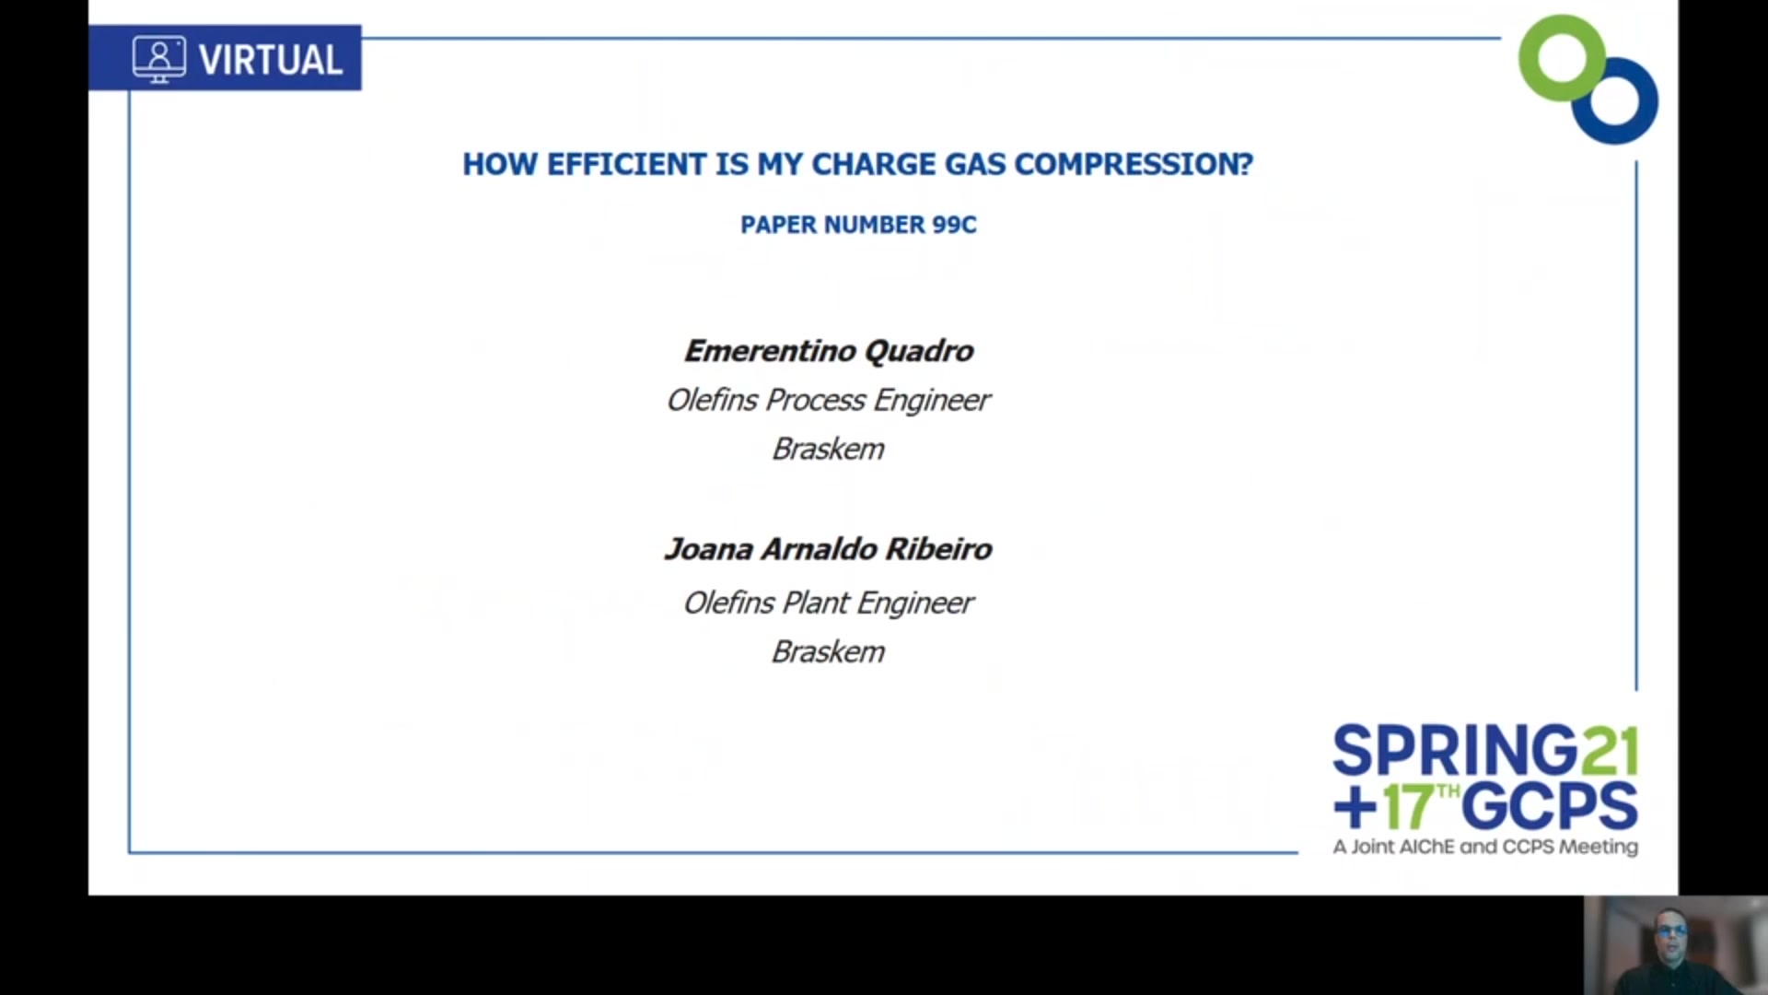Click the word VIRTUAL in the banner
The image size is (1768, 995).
(x=271, y=60)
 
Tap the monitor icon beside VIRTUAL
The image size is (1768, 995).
(x=159, y=59)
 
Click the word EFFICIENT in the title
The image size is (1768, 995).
(x=626, y=164)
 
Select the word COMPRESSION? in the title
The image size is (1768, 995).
(x=1134, y=164)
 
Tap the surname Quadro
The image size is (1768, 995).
(x=919, y=351)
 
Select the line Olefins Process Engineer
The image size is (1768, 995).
(x=828, y=401)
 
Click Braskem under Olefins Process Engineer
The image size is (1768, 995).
(x=828, y=449)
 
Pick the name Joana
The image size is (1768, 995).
(x=709, y=549)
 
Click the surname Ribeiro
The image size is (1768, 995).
(x=938, y=549)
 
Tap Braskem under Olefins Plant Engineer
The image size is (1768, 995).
(x=828, y=652)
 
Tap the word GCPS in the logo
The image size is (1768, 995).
(x=1550, y=807)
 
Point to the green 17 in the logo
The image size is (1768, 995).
(x=1408, y=807)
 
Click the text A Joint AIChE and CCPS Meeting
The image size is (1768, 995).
(x=1485, y=847)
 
